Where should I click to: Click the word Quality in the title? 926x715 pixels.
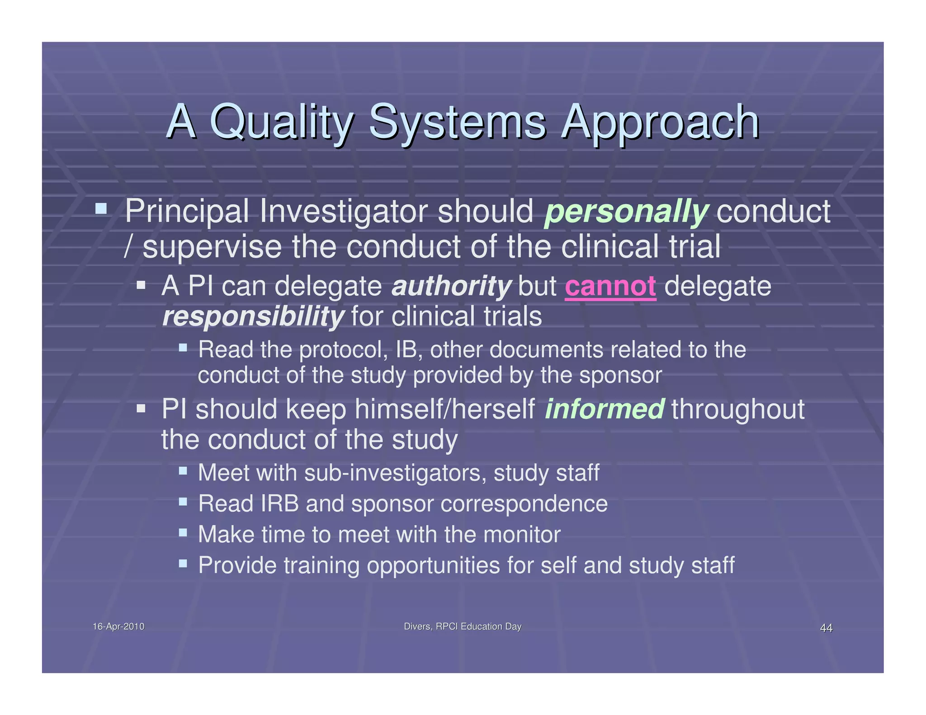click(x=281, y=122)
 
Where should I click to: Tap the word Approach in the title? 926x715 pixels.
click(x=660, y=122)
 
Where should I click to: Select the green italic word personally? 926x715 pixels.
click(x=626, y=211)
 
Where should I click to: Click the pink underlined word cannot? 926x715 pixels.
click(x=610, y=286)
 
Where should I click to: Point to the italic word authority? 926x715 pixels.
click(x=451, y=286)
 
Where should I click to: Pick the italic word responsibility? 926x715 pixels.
click(x=253, y=316)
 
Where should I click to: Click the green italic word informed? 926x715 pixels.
click(x=605, y=409)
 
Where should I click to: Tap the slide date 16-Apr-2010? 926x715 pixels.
click(x=118, y=626)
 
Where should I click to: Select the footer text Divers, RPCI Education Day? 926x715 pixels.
click(x=463, y=626)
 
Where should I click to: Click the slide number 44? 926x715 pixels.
click(x=826, y=628)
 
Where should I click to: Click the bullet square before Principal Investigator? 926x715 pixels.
click(x=101, y=209)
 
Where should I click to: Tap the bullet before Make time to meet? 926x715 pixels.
click(x=183, y=532)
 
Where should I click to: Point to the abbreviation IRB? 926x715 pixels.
click(x=280, y=503)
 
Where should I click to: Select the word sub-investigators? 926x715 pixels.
click(x=395, y=473)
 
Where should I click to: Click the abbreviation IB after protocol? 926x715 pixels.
click(x=408, y=350)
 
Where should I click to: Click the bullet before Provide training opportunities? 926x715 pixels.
click(x=183, y=563)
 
